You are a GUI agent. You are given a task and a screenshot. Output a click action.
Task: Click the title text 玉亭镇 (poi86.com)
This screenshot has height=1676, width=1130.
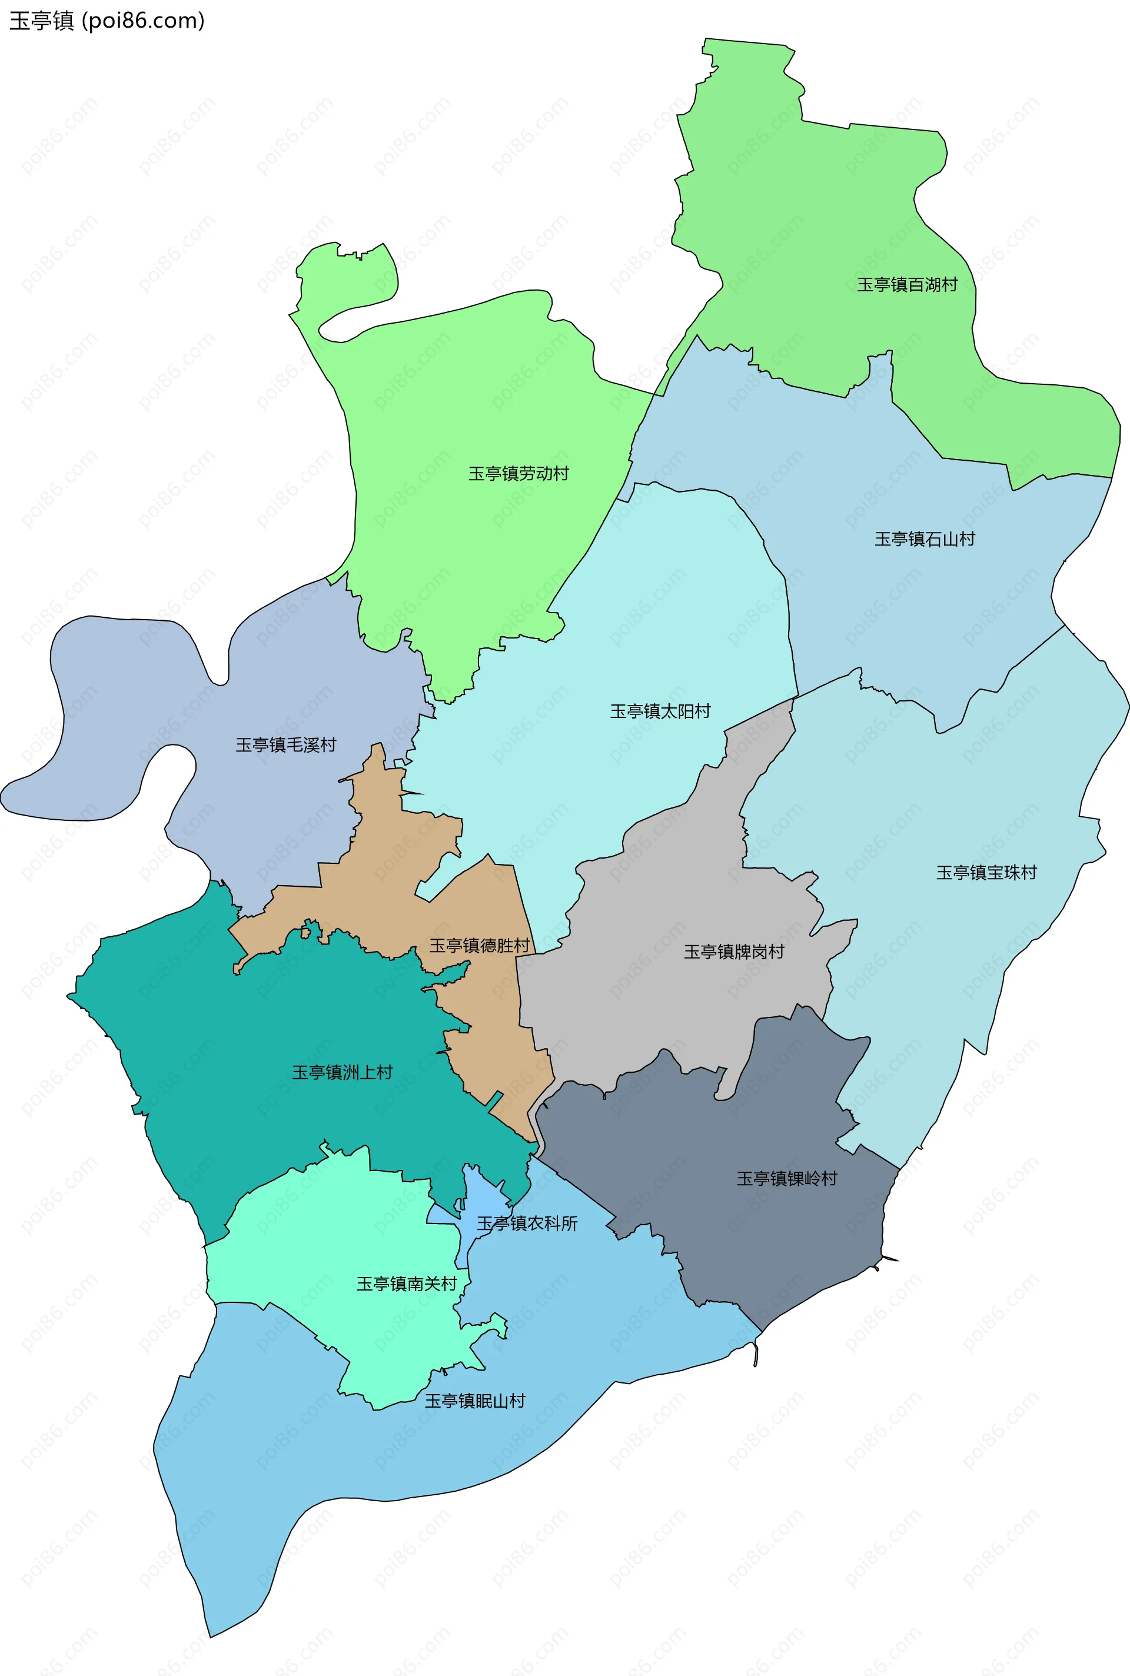(107, 20)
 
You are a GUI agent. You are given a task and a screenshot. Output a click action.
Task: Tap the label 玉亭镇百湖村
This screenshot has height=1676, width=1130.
(906, 285)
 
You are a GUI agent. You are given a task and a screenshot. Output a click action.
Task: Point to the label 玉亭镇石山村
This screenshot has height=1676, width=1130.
(924, 539)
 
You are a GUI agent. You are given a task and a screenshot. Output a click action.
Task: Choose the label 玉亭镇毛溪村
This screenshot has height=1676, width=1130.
(285, 744)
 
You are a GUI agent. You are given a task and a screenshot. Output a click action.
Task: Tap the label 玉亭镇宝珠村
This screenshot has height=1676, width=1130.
(986, 873)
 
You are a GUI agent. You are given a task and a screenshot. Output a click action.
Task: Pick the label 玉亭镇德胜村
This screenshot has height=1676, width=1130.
(479, 945)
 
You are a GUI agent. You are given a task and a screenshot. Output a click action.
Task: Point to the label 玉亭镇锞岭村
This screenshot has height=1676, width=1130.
(786, 1178)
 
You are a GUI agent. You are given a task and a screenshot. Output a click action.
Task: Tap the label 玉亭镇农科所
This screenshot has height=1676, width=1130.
(527, 1223)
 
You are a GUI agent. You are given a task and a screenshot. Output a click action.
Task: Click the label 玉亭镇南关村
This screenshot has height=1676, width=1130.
(407, 1283)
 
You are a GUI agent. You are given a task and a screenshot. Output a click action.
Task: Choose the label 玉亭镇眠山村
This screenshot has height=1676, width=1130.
(474, 1401)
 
